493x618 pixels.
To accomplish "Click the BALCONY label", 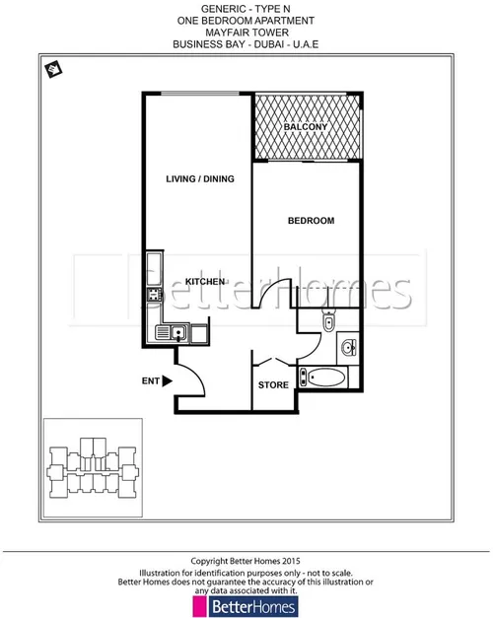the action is [x=306, y=127].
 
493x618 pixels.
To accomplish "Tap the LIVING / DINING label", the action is [x=200, y=179].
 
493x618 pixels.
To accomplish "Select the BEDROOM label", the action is [x=312, y=221].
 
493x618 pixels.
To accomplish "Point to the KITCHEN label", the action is [x=205, y=282].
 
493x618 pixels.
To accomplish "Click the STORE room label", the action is [x=273, y=385].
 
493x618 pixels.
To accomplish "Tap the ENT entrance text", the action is [x=151, y=381].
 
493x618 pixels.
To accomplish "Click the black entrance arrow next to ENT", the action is [x=168, y=381].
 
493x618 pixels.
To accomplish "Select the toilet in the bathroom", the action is [x=328, y=321].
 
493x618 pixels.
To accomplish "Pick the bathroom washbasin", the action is [x=349, y=347].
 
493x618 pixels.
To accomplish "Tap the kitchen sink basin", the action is [x=177, y=333].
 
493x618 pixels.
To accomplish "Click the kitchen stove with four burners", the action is [x=154, y=295].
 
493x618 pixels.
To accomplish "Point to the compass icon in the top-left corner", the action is [x=53, y=69].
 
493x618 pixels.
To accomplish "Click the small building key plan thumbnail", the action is [x=93, y=467].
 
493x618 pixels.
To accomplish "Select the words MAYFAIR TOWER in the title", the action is [x=246, y=33].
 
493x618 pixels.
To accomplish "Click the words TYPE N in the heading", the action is [x=272, y=9].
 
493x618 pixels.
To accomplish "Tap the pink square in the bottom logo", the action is [x=199, y=606].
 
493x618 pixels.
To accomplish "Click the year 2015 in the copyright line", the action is [x=291, y=561].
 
